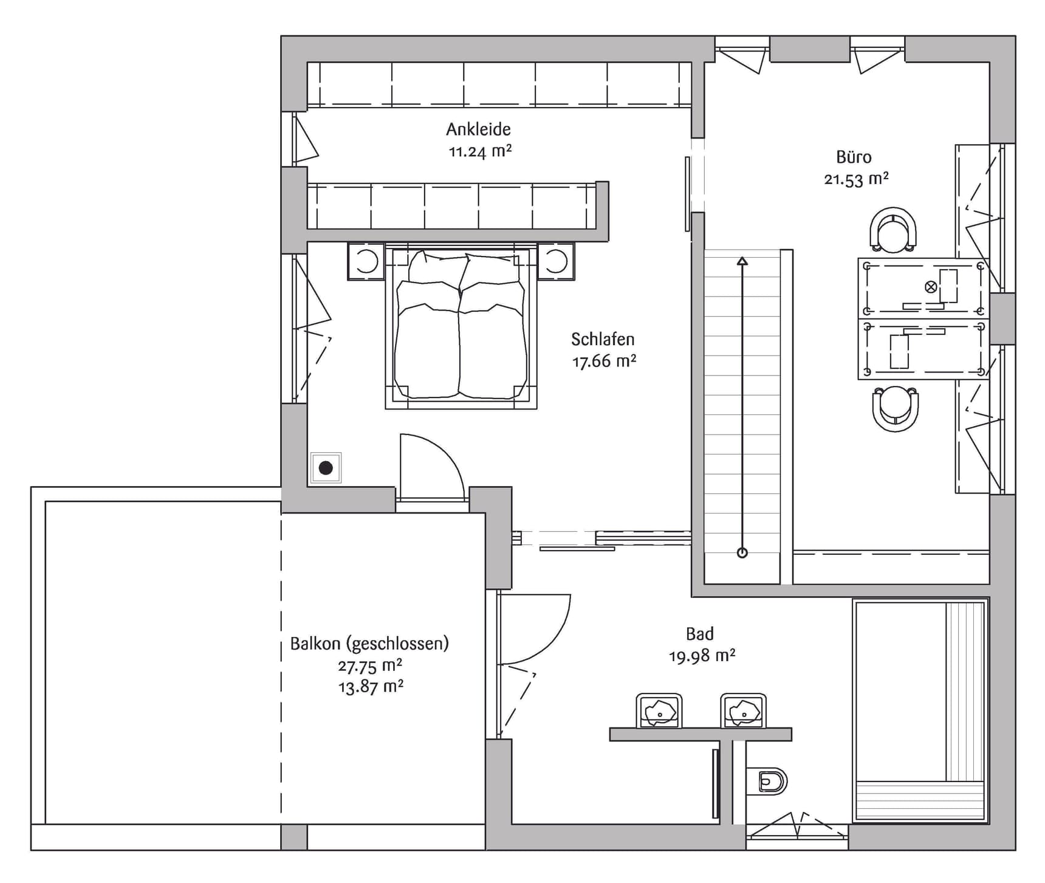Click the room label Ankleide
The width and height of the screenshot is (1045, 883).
point(478,129)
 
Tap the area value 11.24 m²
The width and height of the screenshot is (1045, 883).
point(480,151)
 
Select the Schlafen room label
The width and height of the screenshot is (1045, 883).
point(603,339)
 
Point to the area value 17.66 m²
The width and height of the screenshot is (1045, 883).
point(604,361)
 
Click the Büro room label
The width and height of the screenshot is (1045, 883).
point(854,157)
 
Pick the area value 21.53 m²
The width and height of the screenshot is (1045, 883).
point(856,179)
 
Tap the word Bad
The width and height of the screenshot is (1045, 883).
point(699,634)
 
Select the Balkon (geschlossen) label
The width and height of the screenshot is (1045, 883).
point(369,644)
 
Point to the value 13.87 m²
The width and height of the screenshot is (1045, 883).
point(371,687)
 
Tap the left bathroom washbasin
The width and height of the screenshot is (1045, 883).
point(659,711)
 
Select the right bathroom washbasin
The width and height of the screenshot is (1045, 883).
point(743,711)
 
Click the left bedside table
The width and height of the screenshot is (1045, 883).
point(366,261)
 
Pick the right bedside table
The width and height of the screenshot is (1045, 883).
point(555,261)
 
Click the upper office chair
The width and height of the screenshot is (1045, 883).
point(893,230)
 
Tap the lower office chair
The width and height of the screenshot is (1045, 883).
point(895,408)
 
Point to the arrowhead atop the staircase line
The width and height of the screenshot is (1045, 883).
point(742,261)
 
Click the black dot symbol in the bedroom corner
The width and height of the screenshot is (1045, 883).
point(326,468)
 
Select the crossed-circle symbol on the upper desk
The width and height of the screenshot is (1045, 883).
point(930,287)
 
